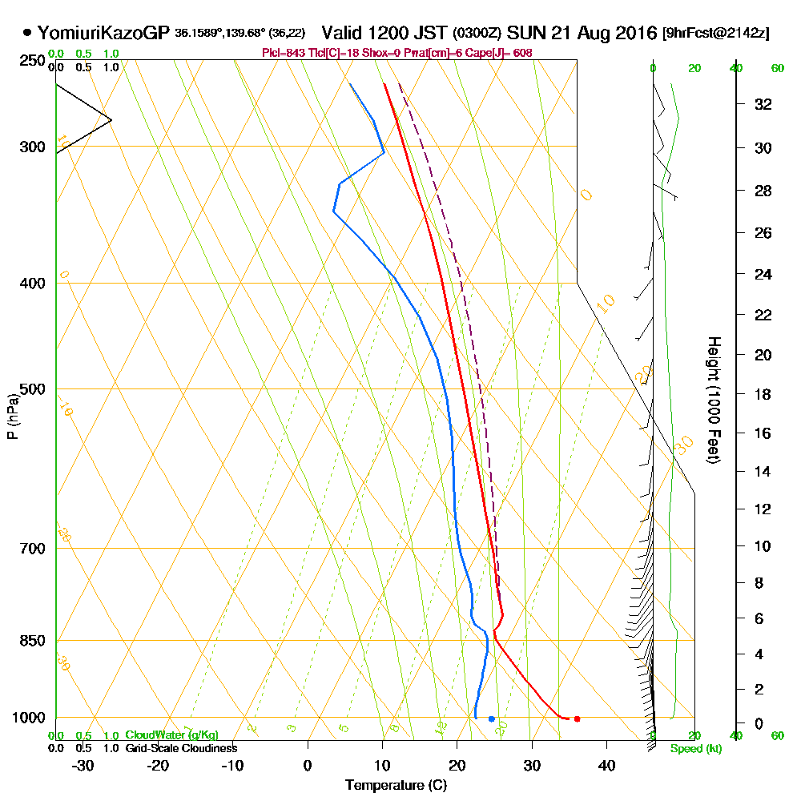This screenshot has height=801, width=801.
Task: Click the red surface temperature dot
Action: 577,718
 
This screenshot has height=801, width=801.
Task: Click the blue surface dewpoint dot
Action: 491,718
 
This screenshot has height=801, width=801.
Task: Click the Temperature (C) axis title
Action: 396,785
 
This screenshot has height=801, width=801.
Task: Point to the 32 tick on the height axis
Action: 763,103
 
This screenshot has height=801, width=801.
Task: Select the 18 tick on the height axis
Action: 763,394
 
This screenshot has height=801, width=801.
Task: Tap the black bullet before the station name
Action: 28,33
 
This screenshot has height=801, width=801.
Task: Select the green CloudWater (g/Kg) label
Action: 171,735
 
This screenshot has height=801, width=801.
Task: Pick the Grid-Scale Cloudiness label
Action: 180,748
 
